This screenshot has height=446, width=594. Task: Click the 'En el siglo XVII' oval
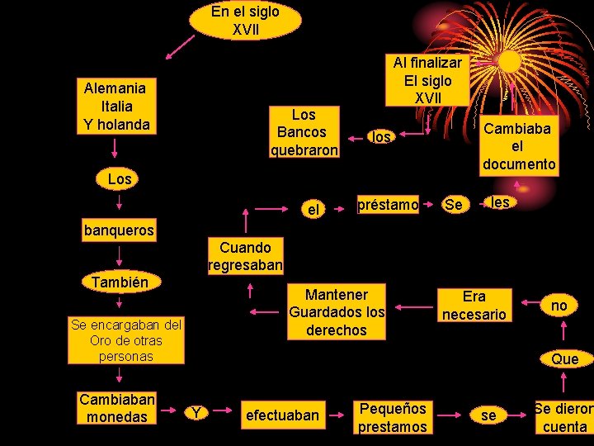point(245,21)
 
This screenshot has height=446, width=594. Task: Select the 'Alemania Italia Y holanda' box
point(115,107)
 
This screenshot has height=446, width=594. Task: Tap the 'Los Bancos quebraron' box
point(304,132)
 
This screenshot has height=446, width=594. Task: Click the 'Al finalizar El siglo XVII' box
point(428,80)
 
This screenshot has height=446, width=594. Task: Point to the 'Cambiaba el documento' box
point(519,145)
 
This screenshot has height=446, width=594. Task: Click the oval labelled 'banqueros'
point(119,230)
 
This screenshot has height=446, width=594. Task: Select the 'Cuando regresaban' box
point(245,256)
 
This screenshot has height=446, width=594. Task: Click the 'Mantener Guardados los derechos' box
point(337,312)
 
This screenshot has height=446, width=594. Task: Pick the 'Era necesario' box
point(474,305)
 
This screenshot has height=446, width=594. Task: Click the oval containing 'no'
point(559,306)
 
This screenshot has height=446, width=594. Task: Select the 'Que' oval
point(565,358)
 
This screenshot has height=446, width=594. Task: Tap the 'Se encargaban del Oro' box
point(117,340)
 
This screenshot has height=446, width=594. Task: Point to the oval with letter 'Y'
point(196,411)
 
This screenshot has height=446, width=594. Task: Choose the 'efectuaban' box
point(282,415)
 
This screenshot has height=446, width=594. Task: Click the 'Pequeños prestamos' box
point(392,417)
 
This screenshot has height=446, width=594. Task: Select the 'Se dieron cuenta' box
point(563,417)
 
